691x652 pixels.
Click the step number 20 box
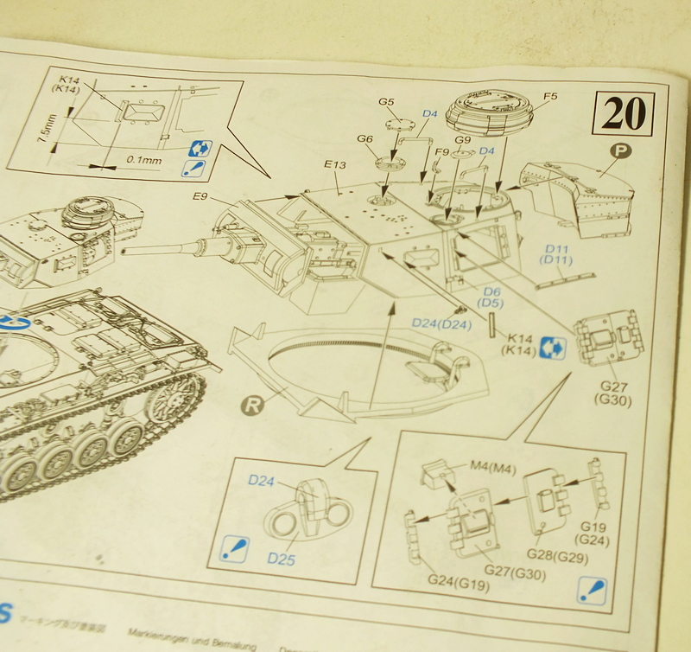[x=623, y=114]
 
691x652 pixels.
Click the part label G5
[x=386, y=102]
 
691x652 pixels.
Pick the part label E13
[x=336, y=164]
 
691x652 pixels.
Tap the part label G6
[x=365, y=138]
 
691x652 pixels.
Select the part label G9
[x=463, y=139]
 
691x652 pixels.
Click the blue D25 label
[x=281, y=559]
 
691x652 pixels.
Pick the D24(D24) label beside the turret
[x=441, y=323]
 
